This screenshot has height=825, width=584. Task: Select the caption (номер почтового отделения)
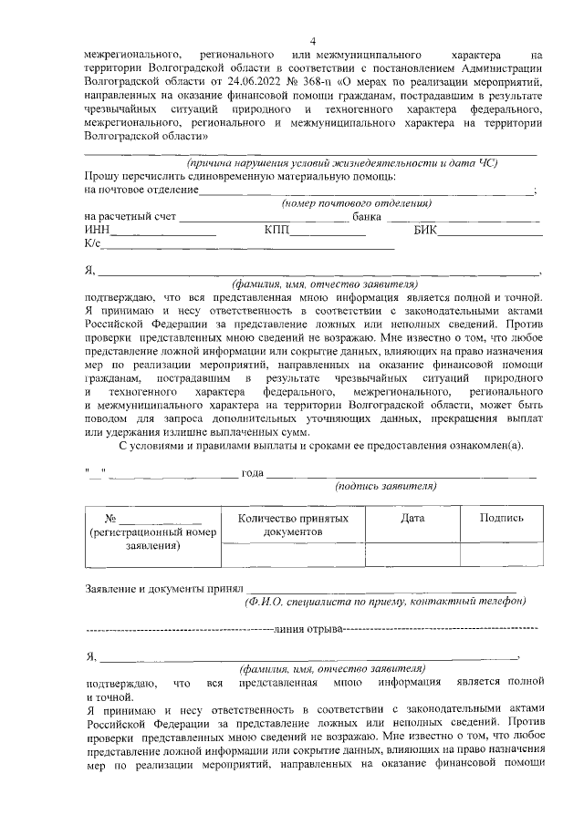356,203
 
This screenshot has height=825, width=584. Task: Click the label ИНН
96,231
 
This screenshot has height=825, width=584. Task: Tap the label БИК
424,231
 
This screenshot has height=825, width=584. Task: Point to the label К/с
92,244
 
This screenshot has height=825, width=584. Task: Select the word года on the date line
252,473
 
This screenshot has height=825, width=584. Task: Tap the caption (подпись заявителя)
386,487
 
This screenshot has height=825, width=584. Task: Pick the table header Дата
412,518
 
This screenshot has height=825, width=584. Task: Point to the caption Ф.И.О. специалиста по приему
385,603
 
